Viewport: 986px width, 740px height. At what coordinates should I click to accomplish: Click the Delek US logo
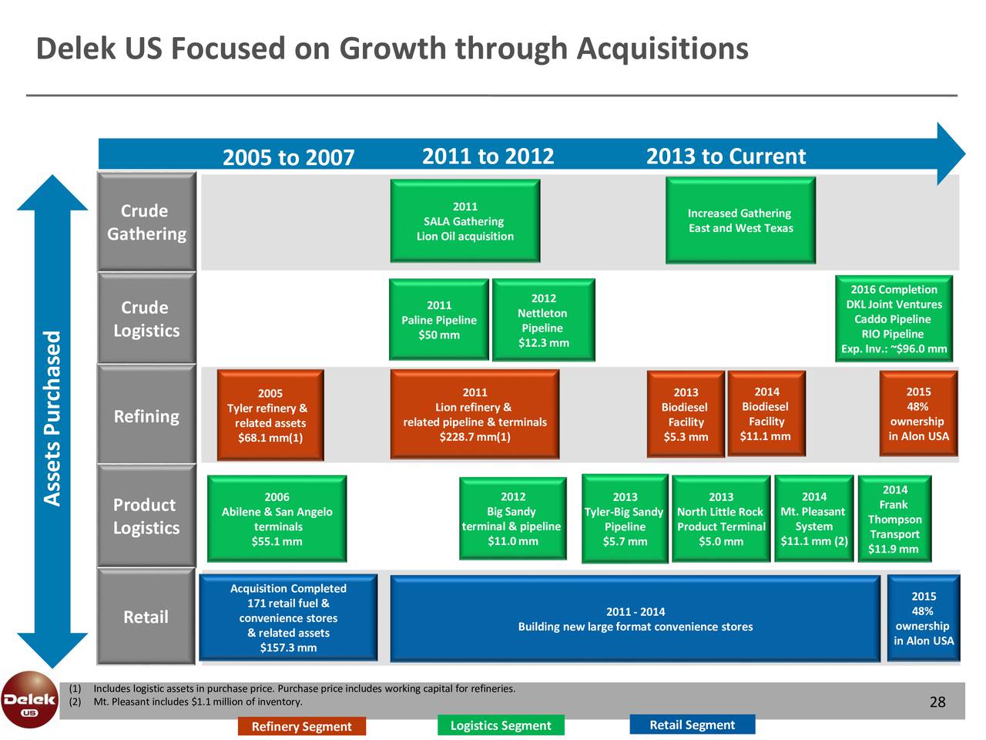click(x=29, y=700)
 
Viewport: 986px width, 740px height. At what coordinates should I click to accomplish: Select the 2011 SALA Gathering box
click(x=465, y=220)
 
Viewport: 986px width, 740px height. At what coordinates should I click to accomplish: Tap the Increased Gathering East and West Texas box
click(x=740, y=220)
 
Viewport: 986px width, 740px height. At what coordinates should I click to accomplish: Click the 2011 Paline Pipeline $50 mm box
click(x=439, y=319)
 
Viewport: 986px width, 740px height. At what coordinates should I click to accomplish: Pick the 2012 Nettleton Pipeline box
click(x=544, y=319)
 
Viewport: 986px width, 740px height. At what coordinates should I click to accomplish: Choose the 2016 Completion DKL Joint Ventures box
click(x=894, y=318)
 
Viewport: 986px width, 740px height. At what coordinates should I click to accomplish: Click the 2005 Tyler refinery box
click(x=270, y=415)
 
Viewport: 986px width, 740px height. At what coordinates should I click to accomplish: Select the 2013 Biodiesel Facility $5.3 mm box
click(x=686, y=414)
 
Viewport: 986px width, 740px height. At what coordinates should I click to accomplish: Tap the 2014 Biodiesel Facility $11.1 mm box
click(x=766, y=413)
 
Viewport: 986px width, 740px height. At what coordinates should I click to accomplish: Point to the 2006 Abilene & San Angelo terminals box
click(x=277, y=519)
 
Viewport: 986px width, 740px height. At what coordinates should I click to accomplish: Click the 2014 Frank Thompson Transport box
click(x=894, y=519)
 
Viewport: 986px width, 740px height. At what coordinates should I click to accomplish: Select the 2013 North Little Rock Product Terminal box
click(x=721, y=519)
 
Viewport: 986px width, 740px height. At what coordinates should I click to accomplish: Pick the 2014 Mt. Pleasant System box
click(x=814, y=519)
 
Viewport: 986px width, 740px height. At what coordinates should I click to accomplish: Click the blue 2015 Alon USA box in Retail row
click(x=924, y=618)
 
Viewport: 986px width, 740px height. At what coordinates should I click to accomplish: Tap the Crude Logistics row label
click(x=146, y=318)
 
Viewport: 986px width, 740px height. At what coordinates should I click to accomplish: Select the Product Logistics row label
click(x=146, y=516)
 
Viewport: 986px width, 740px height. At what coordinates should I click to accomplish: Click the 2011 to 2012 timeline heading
click(x=488, y=156)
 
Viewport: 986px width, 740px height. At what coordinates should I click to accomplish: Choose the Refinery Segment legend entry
click(x=301, y=726)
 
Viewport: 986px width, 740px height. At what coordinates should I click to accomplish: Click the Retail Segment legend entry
click(x=693, y=725)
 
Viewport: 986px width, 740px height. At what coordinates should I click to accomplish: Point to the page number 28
click(x=937, y=701)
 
